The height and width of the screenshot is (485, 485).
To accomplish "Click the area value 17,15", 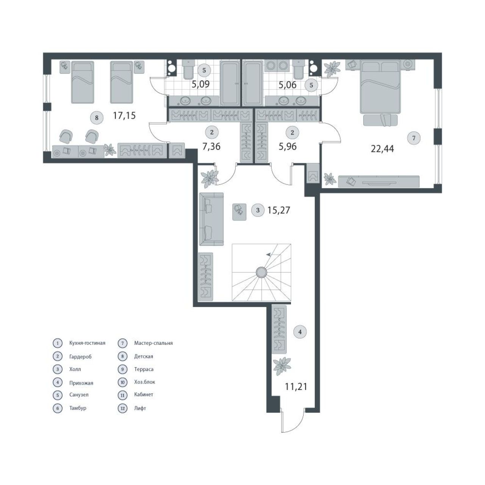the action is click(124, 116).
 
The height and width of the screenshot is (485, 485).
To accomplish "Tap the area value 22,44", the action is click(382, 149).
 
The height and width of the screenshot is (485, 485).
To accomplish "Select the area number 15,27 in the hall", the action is click(278, 210).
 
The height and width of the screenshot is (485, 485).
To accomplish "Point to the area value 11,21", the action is click(296, 386).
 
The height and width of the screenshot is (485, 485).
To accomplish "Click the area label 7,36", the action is click(211, 146).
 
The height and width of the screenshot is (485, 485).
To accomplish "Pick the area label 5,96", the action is click(288, 146).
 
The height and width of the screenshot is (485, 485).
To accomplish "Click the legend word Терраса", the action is click(144, 369).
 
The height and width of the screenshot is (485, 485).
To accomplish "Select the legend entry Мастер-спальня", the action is click(153, 343).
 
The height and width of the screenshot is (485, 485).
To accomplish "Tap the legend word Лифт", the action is click(140, 408).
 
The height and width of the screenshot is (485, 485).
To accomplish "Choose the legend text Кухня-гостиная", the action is click(87, 343).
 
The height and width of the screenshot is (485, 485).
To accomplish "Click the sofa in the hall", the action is click(211, 219).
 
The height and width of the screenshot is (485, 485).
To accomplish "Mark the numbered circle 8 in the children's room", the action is click(97, 117).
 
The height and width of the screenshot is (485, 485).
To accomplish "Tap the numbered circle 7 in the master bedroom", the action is click(414, 138).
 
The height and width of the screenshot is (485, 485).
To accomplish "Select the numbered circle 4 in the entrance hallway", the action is click(300, 332).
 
